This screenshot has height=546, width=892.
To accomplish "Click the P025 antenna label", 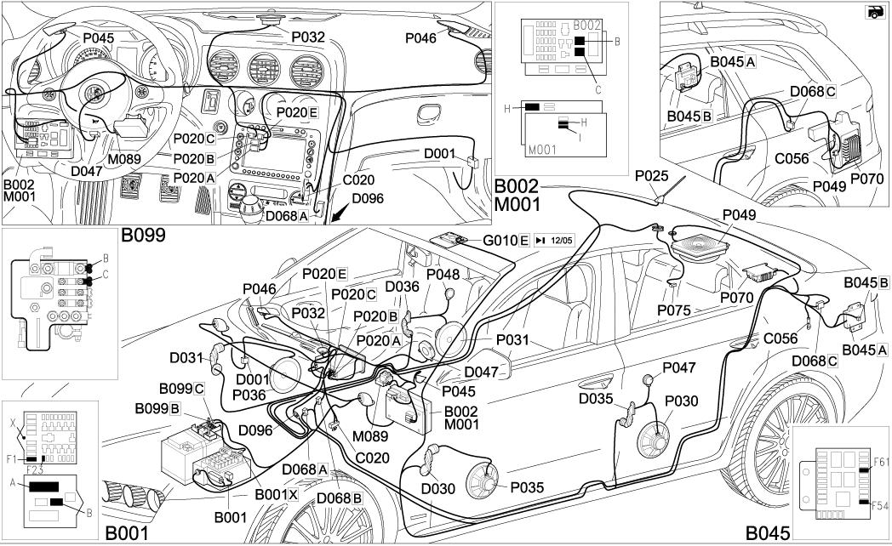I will point(651,176).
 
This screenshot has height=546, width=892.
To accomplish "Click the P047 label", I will point(678,368).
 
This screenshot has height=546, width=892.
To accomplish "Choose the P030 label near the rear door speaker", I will point(682,401).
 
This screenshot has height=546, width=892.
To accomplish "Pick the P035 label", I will point(528,487).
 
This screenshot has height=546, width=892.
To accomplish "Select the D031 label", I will point(186,357).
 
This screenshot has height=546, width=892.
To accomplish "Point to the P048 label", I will point(443,275).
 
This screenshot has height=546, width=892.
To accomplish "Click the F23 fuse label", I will point(36,469).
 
